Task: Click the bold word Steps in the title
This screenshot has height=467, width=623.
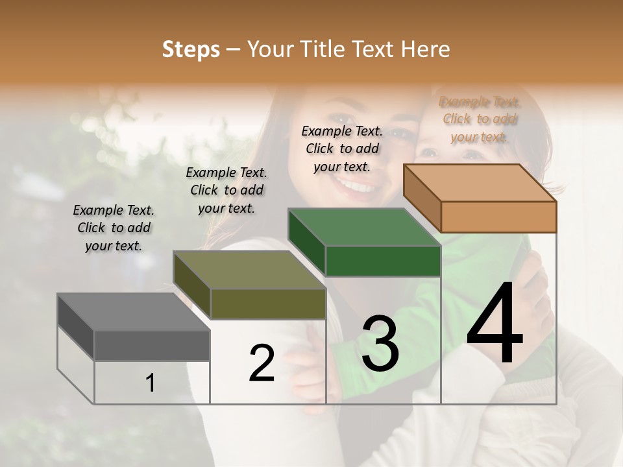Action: tap(191, 49)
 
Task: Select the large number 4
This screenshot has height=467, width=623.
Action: tap(495, 324)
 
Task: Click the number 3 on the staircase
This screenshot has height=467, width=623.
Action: tap(380, 344)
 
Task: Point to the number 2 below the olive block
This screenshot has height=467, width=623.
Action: tap(262, 363)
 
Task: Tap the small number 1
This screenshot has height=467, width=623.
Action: tap(150, 383)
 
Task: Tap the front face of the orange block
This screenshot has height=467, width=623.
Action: tap(498, 217)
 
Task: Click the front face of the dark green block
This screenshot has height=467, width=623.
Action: tap(383, 261)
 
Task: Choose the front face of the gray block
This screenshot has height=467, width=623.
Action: tap(152, 345)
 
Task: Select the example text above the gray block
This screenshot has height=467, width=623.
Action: tap(114, 228)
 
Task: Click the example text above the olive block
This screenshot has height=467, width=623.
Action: tap(226, 190)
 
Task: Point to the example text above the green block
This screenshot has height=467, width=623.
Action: tap(342, 149)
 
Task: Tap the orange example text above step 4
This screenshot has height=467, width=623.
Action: tap(480, 119)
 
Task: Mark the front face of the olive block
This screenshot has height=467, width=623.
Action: tap(267, 304)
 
